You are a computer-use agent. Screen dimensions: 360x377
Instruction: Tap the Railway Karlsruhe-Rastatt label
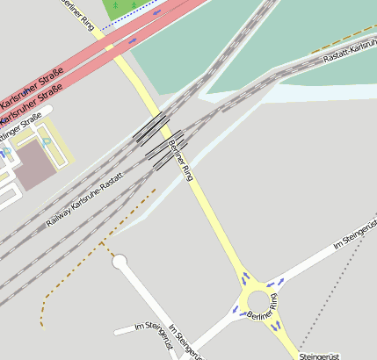85,200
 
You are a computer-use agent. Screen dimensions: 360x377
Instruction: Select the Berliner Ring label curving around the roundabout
264,306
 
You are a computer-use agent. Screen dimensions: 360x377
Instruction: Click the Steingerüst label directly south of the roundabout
319,356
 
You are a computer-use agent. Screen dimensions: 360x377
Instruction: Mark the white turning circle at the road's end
120,261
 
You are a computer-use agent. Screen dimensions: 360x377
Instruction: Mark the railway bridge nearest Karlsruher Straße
152,126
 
